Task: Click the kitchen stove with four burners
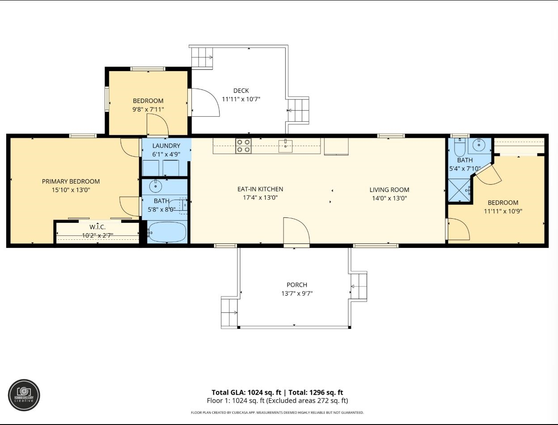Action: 243,146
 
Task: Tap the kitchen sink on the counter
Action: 285,146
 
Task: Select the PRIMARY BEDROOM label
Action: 71,181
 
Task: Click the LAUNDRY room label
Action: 166,146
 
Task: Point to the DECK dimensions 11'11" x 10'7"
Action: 241,99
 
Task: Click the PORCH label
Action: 297,285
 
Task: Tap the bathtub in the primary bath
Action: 167,232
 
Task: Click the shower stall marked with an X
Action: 459,190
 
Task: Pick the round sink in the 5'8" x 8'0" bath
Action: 156,187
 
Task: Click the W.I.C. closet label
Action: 97,227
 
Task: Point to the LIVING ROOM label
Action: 389,190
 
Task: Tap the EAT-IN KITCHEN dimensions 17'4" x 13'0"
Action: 260,198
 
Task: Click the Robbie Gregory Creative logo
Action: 24,395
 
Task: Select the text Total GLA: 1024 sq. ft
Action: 246,392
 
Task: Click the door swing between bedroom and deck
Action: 205,102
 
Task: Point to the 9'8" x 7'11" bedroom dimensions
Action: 148,109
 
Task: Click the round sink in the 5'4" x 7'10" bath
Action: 479,145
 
